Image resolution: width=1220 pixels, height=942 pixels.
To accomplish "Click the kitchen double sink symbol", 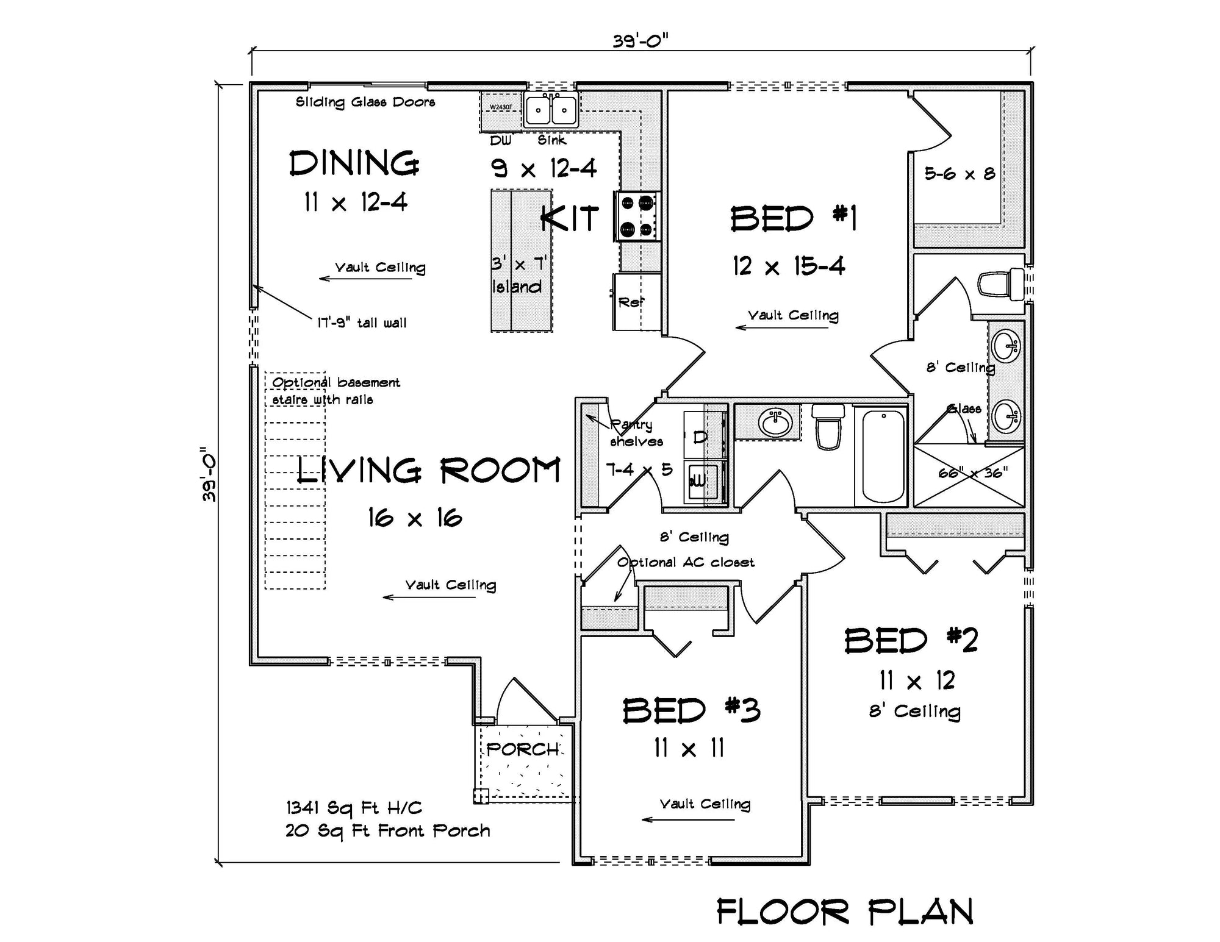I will pos(551,110).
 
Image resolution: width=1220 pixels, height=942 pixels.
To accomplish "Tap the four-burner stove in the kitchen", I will pos(637,216).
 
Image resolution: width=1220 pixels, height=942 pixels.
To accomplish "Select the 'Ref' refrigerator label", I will pos(631,302).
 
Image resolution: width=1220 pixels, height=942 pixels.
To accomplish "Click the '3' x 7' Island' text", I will pos(518,275).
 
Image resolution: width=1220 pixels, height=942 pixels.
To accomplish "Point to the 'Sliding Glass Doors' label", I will pos(365,102).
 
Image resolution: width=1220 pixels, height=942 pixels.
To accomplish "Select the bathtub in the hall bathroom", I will pos(883,455).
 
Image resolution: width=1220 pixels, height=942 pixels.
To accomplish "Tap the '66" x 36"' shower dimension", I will pos(972,473).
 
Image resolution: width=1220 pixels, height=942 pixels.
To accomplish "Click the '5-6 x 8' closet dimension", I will pos(960,174).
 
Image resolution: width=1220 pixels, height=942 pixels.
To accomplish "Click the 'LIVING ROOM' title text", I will pos(428,471).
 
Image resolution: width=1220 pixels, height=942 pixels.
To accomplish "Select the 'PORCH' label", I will pos(523,749).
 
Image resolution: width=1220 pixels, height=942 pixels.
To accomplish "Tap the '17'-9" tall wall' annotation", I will pos(362,323).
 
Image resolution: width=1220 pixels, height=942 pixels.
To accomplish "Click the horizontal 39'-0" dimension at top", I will pos(640,41).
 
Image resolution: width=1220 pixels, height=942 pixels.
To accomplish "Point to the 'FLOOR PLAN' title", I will pos(845,912).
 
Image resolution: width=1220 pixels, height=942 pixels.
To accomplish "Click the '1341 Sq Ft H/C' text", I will pos(354,808).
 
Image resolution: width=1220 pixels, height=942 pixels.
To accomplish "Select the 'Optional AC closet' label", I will pos(686,562).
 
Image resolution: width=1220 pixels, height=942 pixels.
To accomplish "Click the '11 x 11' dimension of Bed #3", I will pos(689,748).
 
